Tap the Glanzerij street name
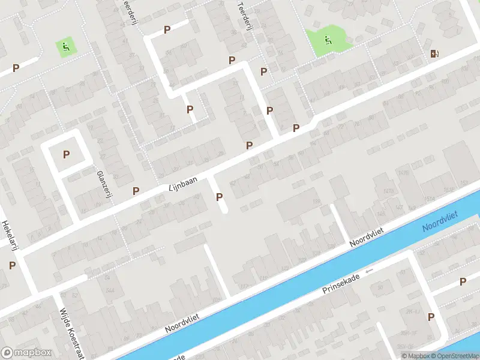[105, 187]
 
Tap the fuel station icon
[434, 53]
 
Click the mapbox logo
[26, 352]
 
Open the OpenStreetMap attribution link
[454, 356]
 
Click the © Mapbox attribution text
[415, 356]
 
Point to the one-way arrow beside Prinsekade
[369, 271]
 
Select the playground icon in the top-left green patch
[65, 45]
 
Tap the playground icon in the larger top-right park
[327, 40]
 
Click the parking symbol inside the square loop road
[66, 154]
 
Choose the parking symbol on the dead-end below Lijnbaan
[220, 197]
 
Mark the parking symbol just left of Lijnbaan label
[136, 191]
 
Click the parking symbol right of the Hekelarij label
[12, 265]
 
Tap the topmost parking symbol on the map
[167, 29]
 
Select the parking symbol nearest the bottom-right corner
[431, 317]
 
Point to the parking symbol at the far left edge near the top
[16, 68]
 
